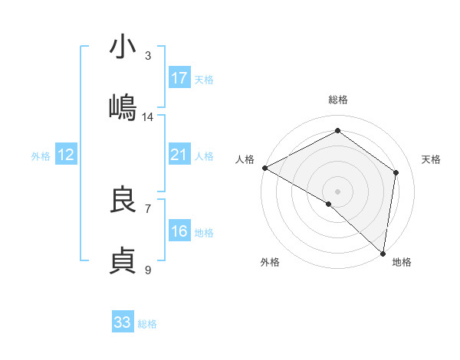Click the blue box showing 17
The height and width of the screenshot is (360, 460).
[179, 78]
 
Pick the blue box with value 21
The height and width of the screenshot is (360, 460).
[179, 155]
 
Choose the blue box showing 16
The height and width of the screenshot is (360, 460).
[179, 231]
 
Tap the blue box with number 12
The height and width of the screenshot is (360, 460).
[66, 155]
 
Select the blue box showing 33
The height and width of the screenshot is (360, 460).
[123, 322]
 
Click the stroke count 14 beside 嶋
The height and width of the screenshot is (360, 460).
[148, 117]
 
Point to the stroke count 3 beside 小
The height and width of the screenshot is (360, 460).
[148, 55]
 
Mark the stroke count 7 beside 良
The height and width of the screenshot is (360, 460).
[148, 208]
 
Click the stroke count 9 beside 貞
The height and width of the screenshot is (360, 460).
[148, 270]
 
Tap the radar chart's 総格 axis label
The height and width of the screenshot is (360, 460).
[338, 100]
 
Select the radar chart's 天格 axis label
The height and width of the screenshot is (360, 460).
[432, 159]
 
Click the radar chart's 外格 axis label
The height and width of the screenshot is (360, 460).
[270, 263]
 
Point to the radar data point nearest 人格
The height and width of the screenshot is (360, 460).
[264, 168]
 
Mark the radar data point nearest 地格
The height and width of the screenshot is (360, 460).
[383, 253]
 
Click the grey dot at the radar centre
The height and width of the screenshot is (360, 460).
[338, 191]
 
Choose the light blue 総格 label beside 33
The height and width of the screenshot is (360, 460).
[147, 324]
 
